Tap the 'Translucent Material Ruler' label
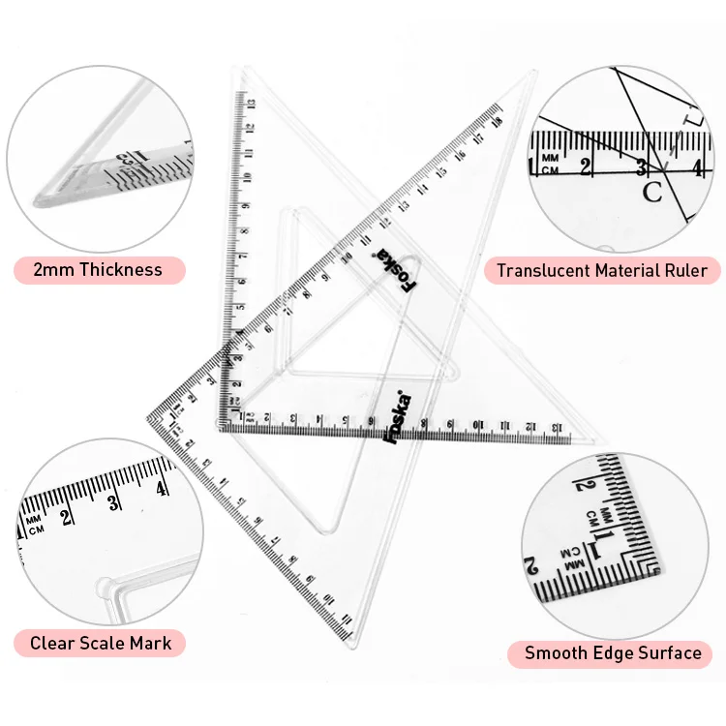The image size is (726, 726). click(601, 270)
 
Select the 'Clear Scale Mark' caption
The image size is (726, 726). click(101, 643)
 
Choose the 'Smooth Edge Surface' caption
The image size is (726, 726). click(613, 653)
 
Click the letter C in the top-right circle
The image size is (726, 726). click(652, 192)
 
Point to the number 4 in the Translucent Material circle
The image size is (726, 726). click(696, 166)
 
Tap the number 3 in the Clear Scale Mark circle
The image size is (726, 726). click(114, 500)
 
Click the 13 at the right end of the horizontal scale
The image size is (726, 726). click(556, 426)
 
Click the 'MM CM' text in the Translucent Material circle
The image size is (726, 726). click(550, 164)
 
